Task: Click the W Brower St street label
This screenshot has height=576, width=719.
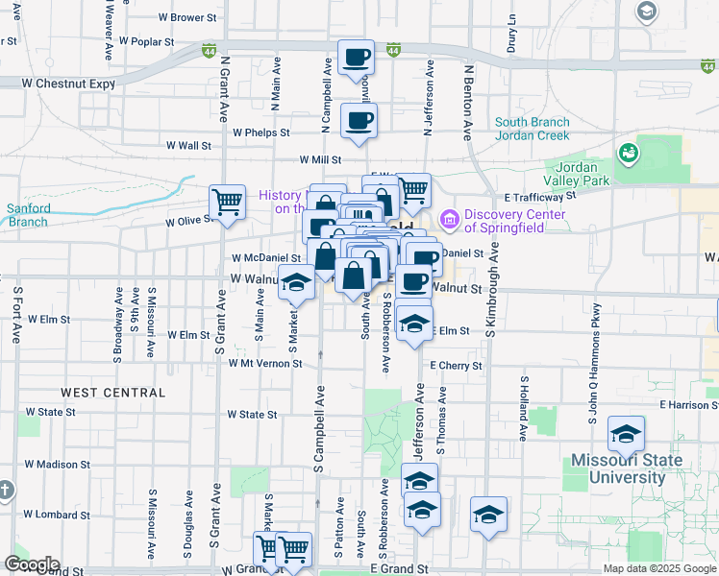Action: coord(187,17)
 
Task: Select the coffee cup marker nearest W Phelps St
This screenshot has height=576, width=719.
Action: coord(359,122)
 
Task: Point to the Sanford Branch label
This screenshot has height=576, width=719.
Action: coord(28,215)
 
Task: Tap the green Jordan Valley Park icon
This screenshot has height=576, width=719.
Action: coord(629,153)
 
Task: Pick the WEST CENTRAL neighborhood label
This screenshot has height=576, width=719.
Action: coord(114,393)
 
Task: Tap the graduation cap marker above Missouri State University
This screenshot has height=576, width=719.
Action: coord(626,435)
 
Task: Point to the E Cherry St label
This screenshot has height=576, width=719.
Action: coord(456,366)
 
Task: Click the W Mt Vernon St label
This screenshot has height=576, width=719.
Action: coord(265,364)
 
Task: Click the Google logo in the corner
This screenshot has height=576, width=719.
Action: coord(32,564)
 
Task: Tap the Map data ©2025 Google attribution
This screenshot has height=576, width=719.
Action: coord(658,569)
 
